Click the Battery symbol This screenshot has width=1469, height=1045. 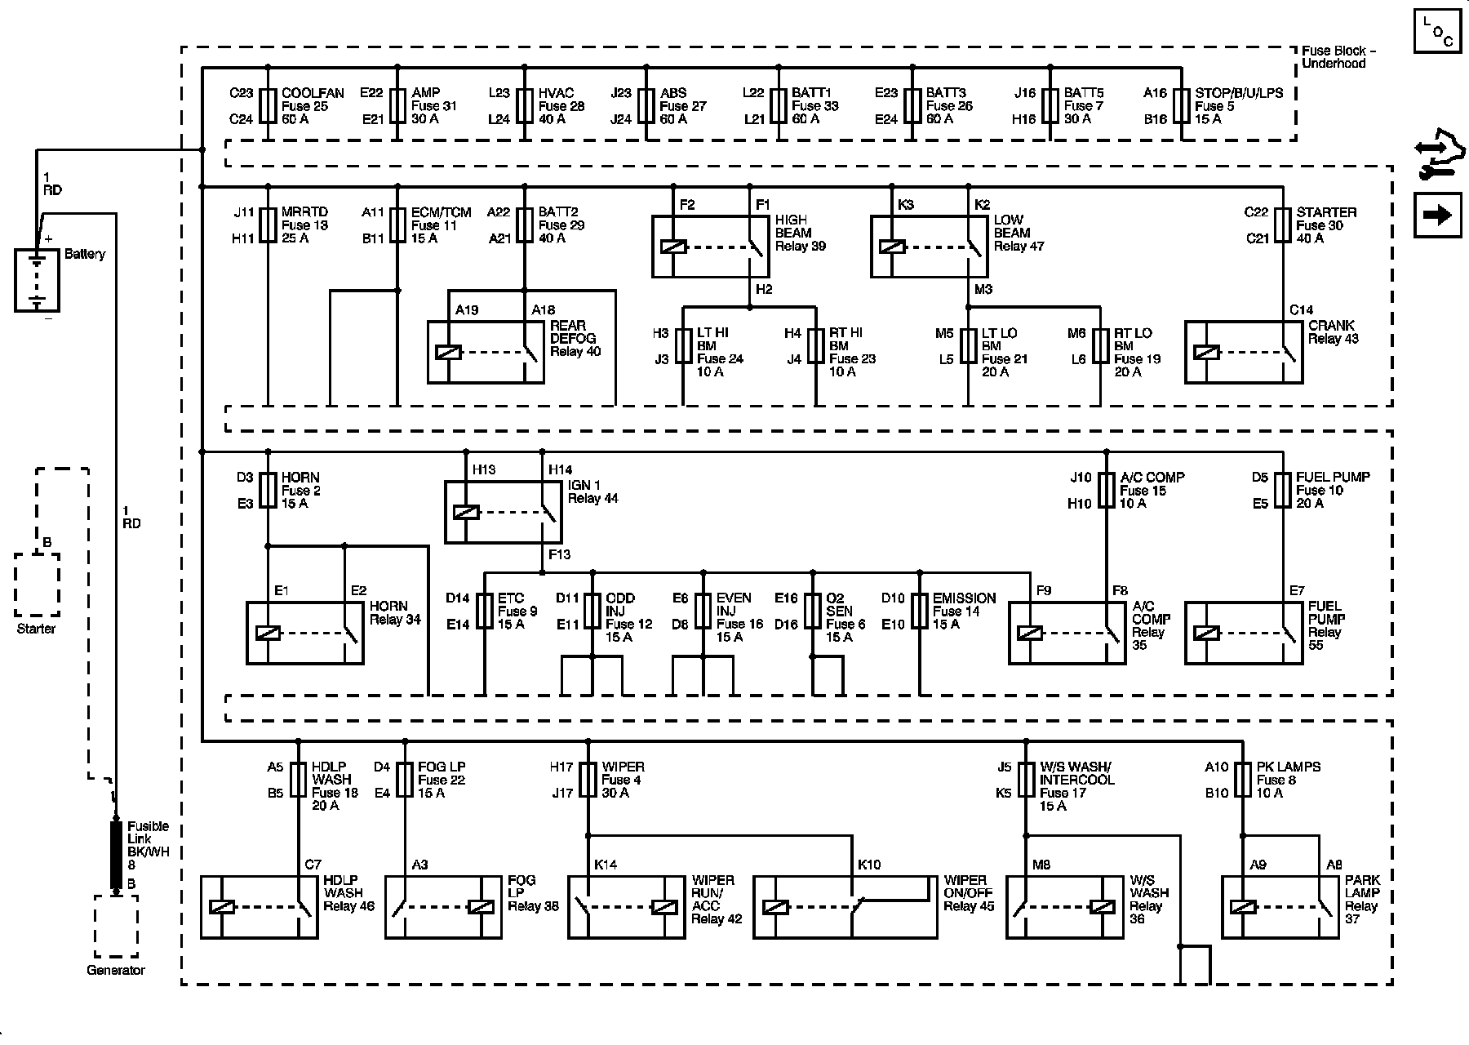[x=37, y=280]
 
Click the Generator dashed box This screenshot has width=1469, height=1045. [x=116, y=926]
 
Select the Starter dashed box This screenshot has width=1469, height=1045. [x=37, y=585]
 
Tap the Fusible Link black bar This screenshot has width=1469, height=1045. [x=116, y=855]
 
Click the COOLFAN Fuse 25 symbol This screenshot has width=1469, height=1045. [x=268, y=106]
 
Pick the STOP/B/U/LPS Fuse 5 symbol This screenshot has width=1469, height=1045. [x=1181, y=106]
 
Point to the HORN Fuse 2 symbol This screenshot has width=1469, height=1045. [x=268, y=490]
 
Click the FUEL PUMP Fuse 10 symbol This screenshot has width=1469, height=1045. [x=1282, y=490]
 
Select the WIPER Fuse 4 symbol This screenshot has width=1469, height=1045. [x=588, y=780]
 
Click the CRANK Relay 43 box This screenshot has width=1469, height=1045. [x=1243, y=352]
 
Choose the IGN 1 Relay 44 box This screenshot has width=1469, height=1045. [x=503, y=512]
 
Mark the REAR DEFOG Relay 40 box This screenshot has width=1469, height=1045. [x=486, y=352]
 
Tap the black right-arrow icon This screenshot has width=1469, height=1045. [x=1437, y=216]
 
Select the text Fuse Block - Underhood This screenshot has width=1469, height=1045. [x=1338, y=57]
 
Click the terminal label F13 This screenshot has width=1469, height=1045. [x=560, y=555]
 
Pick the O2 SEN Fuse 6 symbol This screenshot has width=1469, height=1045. [x=812, y=611]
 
